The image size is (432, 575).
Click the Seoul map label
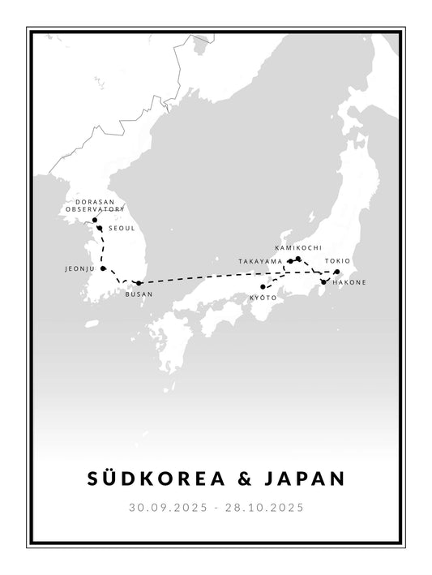pos(121,229)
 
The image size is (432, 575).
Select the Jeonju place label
pos(80,268)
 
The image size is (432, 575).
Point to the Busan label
pos(138,294)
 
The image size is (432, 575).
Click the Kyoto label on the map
pos(264,298)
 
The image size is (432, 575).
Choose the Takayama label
pos(260,261)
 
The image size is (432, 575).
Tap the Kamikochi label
pos(298,247)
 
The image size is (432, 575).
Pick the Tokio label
pos(338,261)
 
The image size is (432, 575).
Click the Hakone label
pos(349,282)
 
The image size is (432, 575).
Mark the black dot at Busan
pos(139,283)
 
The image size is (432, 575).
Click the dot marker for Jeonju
pos(103,268)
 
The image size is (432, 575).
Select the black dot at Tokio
pos(337,272)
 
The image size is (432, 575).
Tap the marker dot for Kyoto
pos(263,287)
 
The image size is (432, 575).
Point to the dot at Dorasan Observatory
pos(95,220)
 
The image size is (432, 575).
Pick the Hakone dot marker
pos(323,282)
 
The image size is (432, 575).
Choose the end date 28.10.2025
pos(265,508)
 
